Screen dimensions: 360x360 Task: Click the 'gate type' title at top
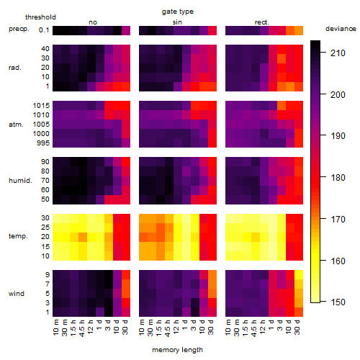coord(178,12)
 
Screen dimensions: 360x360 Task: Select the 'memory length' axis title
coord(177,350)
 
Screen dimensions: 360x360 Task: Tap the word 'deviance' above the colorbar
coord(341,29)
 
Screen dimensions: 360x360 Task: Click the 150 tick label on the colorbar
coord(338,302)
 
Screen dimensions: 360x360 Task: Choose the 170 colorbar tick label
coord(338,219)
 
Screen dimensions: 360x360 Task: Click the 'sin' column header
coord(177,22)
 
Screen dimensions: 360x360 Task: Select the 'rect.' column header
coord(262,22)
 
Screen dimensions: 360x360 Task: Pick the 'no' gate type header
coord(93,22)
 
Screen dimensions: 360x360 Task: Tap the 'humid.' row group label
coord(20,181)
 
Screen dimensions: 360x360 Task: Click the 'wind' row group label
coord(17,294)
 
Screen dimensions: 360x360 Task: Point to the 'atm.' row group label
coord(16,125)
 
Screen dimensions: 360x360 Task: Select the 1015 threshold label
coord(41,106)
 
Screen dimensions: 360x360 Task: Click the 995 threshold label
coord(43,143)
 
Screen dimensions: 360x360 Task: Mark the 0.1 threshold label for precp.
coord(44,30)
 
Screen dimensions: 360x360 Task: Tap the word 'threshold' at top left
coord(40,17)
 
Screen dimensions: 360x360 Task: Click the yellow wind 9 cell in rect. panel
coord(299,275)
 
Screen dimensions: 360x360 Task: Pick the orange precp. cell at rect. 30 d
coord(299,31)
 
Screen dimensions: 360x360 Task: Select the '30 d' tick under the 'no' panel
coord(125,327)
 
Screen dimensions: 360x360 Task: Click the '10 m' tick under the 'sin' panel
coord(142,327)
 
